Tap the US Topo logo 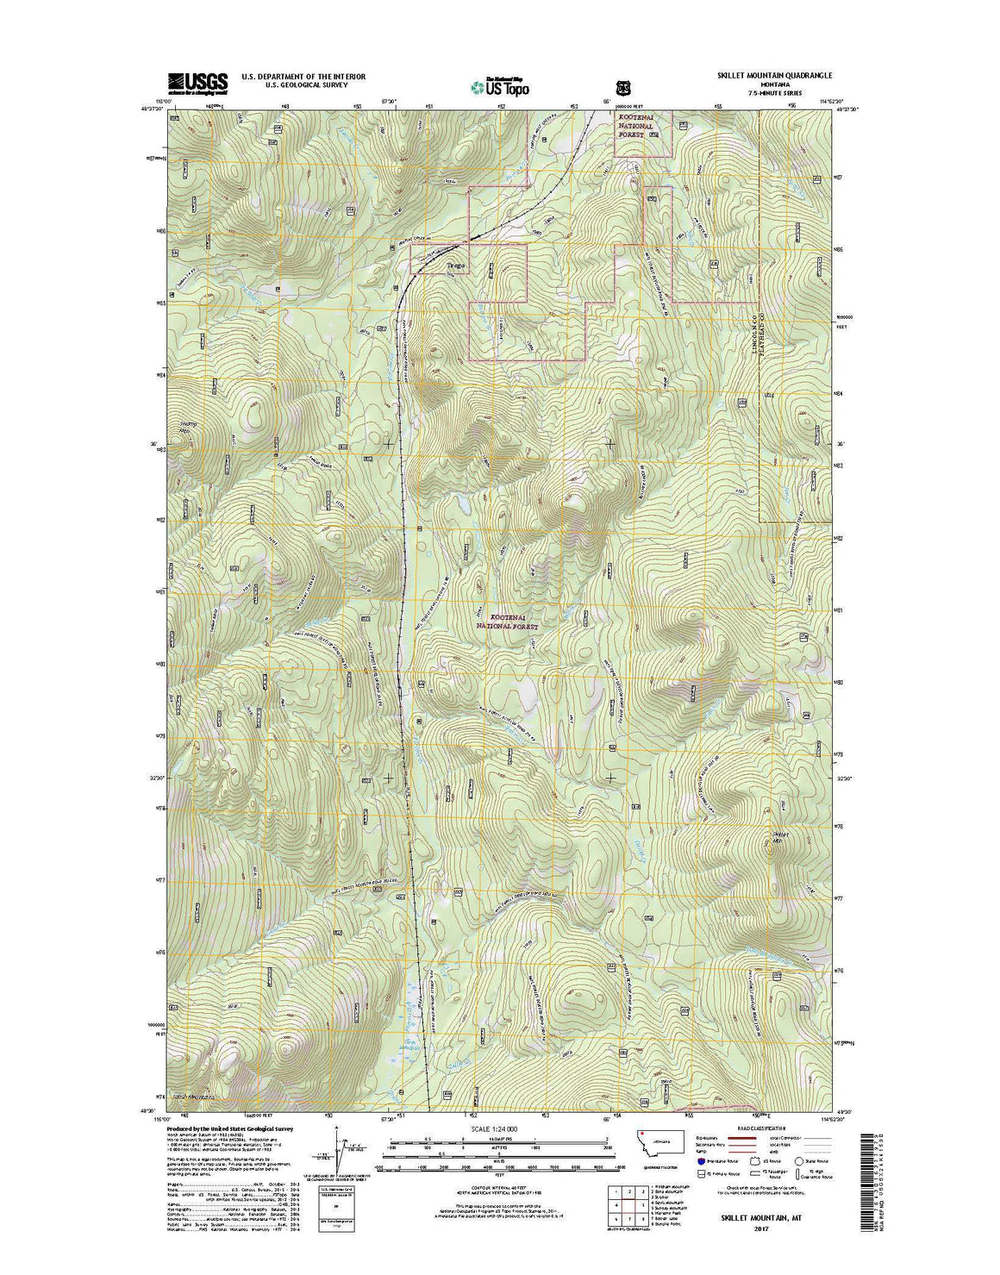coord(500,86)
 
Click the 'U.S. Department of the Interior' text coord(303,77)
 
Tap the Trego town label coord(455,266)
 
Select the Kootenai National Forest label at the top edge coord(635,130)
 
